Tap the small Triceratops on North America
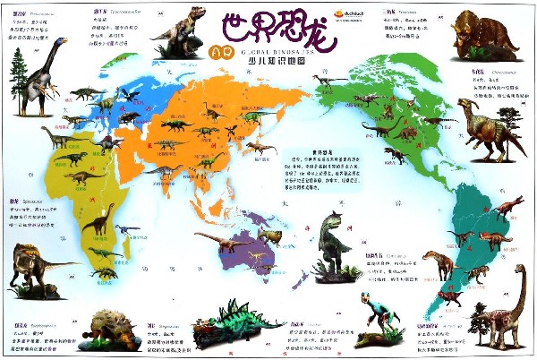pos(407,133)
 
